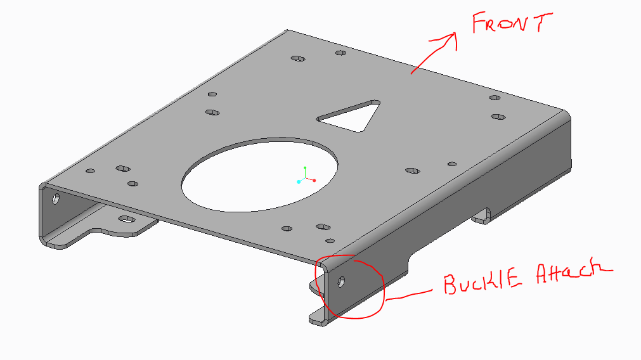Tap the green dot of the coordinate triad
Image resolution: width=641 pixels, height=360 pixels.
[x=305, y=168]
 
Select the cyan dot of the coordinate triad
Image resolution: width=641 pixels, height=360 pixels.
[x=299, y=182]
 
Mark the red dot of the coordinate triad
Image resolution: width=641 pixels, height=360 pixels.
[x=314, y=180]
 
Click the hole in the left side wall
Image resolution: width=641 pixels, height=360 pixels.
[x=56, y=199]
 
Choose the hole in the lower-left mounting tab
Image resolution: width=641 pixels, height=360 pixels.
[x=127, y=219]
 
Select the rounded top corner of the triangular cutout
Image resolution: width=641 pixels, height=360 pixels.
[x=376, y=102]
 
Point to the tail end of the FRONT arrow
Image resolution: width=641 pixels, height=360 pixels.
[x=412, y=72]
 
